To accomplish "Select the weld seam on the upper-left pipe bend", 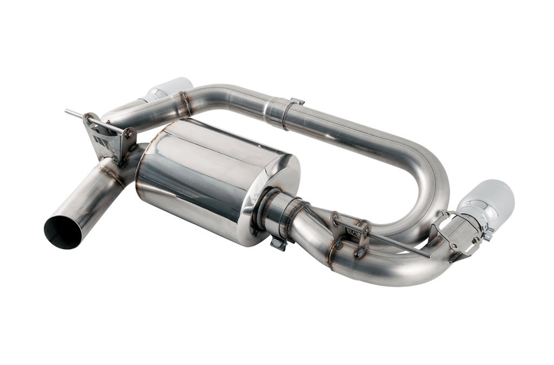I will [186, 103].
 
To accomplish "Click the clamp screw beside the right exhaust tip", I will [489, 234].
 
